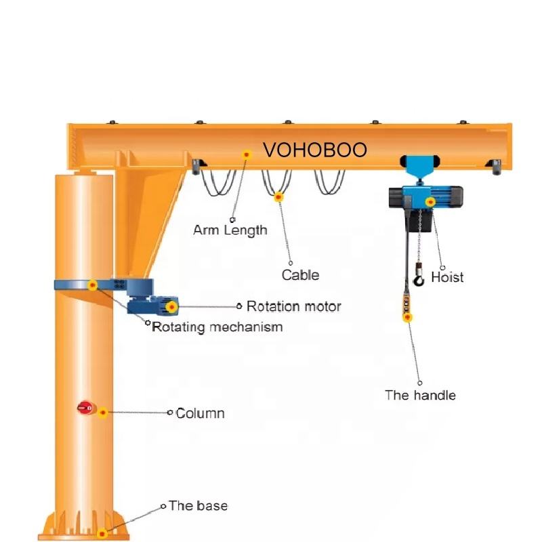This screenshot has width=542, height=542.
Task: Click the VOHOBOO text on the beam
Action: point(314,150)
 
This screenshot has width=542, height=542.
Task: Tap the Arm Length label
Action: point(230,230)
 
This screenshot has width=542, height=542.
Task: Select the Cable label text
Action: point(300,275)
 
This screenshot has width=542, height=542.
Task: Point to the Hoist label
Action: point(447,276)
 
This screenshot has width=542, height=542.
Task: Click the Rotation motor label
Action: point(293,306)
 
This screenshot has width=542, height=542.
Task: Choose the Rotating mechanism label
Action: point(217,327)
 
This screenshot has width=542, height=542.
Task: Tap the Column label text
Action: point(200,413)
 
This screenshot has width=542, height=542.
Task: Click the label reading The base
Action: point(198,506)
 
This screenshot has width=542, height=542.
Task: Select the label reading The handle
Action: point(420,395)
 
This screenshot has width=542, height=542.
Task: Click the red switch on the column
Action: point(85,408)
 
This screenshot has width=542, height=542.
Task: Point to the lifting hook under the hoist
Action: point(420,277)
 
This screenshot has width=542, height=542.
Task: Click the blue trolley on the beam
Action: point(419,166)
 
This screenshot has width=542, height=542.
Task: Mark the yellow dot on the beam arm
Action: point(247,154)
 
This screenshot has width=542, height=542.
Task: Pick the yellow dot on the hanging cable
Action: point(278,197)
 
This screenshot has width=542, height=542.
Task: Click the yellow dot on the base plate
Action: point(102,533)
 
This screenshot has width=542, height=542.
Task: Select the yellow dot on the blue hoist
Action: point(430,201)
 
